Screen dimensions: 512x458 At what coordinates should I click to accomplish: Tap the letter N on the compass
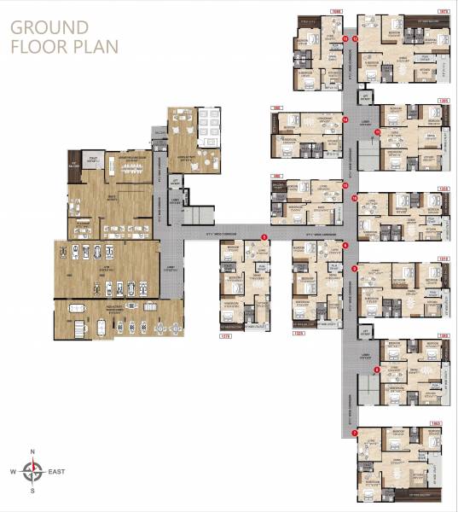click(x=32, y=451)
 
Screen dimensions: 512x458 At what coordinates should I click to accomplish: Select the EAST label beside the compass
click(x=57, y=469)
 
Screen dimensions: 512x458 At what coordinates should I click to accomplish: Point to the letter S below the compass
click(x=32, y=491)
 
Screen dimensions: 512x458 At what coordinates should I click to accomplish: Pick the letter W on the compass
click(x=14, y=469)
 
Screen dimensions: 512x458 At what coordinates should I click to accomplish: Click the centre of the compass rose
click(x=32, y=469)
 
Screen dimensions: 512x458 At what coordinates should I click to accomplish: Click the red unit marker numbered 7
click(x=354, y=433)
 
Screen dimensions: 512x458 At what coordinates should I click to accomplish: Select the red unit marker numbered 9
click(x=354, y=269)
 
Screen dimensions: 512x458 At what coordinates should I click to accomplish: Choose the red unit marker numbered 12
click(x=354, y=38)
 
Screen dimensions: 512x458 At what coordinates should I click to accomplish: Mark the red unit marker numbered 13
click(x=345, y=38)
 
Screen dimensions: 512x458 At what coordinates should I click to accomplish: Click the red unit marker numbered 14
click(x=345, y=120)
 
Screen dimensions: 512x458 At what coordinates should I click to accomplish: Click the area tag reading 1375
click(x=226, y=335)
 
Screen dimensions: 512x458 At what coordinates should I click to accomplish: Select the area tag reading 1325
click(x=299, y=335)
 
